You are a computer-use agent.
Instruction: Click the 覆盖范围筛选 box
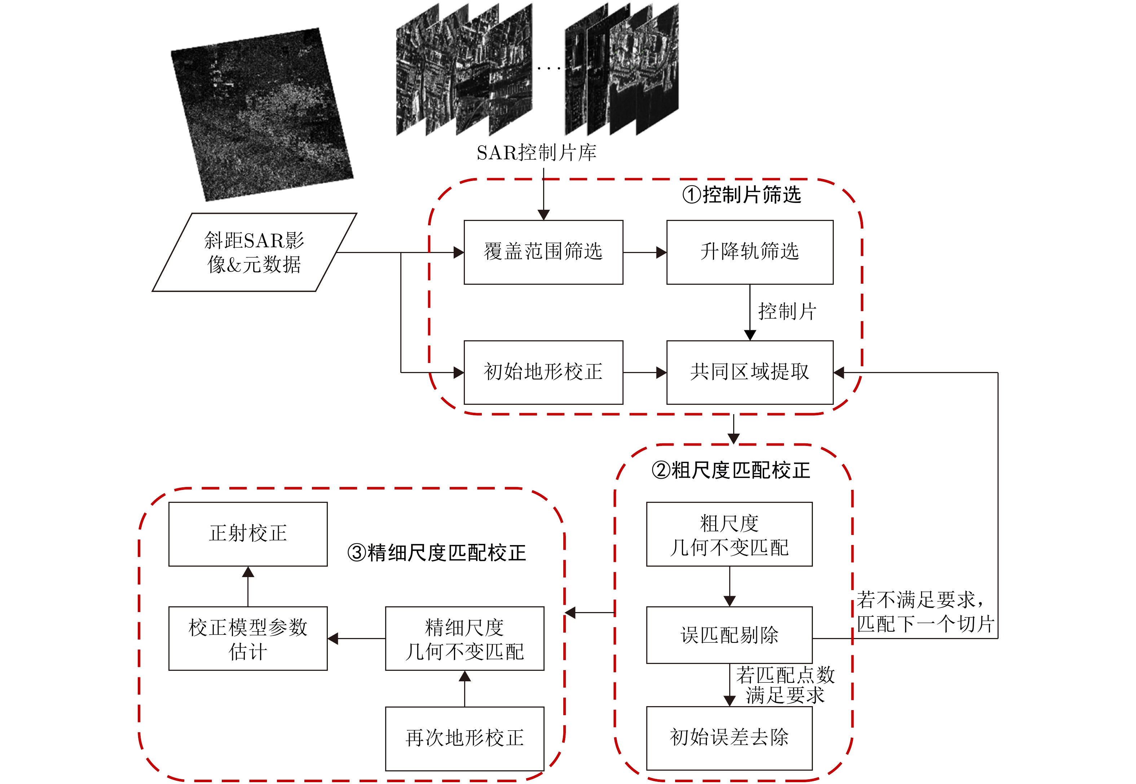543,252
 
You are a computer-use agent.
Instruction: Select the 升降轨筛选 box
749,252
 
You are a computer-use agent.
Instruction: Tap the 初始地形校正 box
543,372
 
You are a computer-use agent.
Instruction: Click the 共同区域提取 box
749,372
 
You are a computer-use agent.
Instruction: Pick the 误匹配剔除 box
729,635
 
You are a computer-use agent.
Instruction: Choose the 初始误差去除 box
729,738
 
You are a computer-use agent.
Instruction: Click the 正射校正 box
248,533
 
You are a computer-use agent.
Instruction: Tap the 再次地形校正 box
464,738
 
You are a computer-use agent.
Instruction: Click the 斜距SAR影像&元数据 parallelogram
254,252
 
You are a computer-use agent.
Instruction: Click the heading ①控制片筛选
741,195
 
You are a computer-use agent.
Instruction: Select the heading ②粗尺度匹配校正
730,470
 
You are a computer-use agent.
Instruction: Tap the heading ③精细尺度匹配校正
436,553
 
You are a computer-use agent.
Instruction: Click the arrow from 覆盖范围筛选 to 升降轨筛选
645,252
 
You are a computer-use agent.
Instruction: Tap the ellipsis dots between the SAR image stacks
549,68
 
